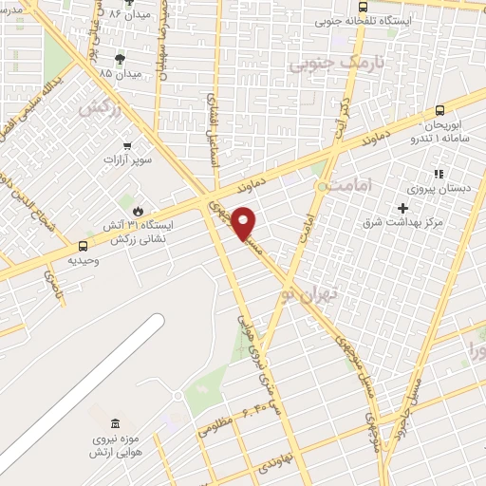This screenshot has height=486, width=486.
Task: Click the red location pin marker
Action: pyautogui.click(x=246, y=223)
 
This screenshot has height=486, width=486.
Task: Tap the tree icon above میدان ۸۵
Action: pyautogui.click(x=120, y=59)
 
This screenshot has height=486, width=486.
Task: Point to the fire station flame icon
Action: pyautogui.click(x=140, y=211)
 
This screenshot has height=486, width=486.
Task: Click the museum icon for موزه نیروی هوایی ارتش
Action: pyautogui.click(x=115, y=422)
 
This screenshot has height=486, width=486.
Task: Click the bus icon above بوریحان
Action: pyautogui.click(x=439, y=110)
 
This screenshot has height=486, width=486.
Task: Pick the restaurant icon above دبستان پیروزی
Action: pyautogui.click(x=438, y=174)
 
